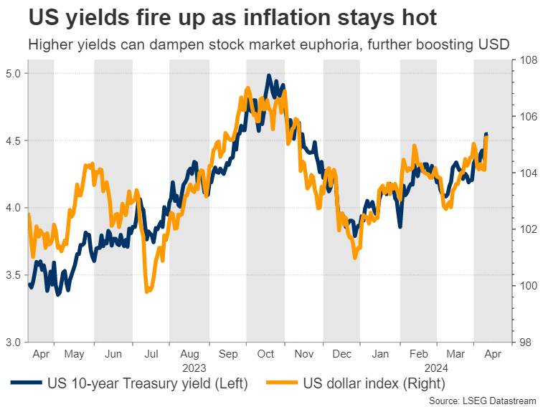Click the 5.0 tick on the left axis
pos(14,73)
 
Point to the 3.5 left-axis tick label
pos(14,274)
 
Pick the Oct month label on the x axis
pos(266,353)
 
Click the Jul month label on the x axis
pos(151,353)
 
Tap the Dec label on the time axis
pos(343,353)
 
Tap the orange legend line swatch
pos(280,384)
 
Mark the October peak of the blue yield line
pos(268,75)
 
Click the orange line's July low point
pos(147,291)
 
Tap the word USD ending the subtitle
pos(494,44)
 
